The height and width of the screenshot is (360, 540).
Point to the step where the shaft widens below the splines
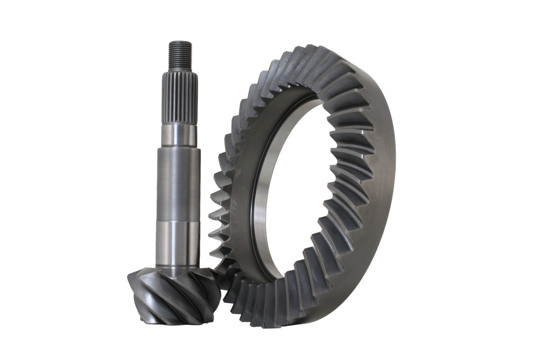point(180,146)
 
